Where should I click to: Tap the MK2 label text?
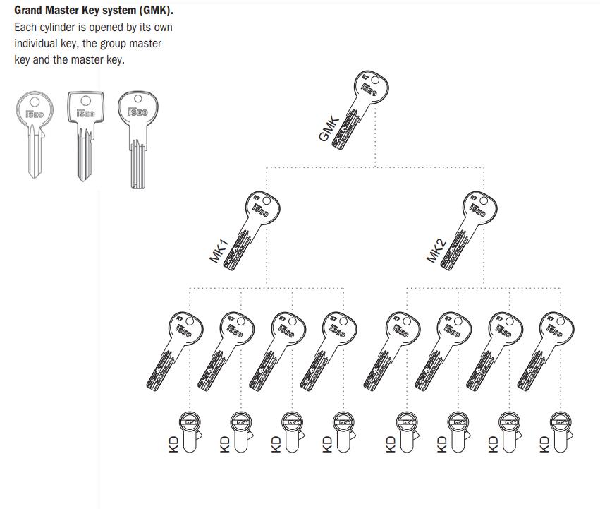[x=436, y=251]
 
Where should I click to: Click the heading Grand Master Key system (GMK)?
[x=93, y=11]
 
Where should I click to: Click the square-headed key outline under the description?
[x=84, y=134]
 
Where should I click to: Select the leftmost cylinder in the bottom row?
[x=190, y=431]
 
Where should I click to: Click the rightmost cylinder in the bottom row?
[x=561, y=431]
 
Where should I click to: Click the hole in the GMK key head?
[x=374, y=80]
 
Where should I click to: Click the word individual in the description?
[x=39, y=44]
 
